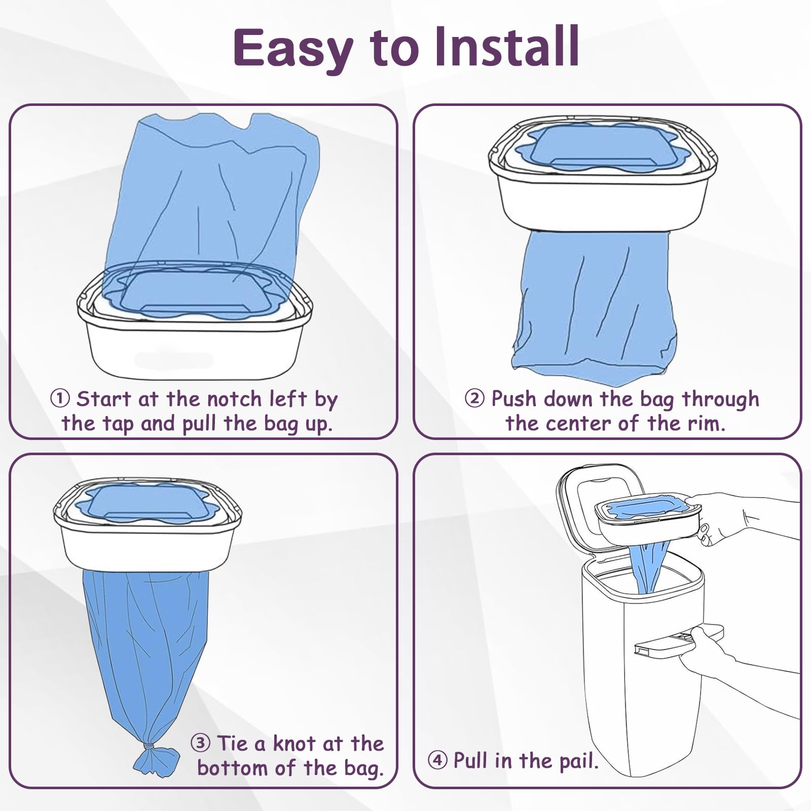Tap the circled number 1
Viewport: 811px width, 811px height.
coord(60,398)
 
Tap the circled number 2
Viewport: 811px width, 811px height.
coord(474,398)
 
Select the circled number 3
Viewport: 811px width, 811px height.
coord(200,743)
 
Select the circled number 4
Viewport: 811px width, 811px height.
coord(437,760)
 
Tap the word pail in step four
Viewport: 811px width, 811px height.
coord(577,761)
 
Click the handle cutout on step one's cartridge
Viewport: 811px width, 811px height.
coord(173,360)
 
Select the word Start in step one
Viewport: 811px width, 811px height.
coord(103,399)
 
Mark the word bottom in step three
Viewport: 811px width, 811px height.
coord(233,768)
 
